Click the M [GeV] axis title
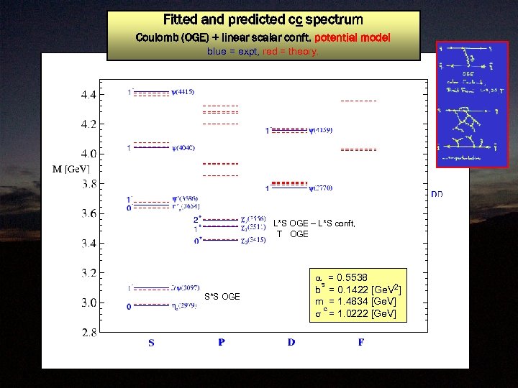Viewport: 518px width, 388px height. [x=71, y=169]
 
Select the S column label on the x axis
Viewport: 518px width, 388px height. [x=151, y=343]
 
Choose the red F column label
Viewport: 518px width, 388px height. [x=360, y=343]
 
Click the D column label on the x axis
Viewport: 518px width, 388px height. [x=291, y=343]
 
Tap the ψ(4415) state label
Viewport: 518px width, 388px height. [x=183, y=92]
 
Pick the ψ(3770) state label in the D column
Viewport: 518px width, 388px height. [x=321, y=189]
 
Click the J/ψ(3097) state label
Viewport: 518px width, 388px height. [x=184, y=288]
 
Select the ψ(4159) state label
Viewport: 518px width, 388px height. [x=321, y=131]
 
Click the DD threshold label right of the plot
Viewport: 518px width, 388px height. [x=437, y=195]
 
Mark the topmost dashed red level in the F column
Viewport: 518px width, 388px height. [x=358, y=101]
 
